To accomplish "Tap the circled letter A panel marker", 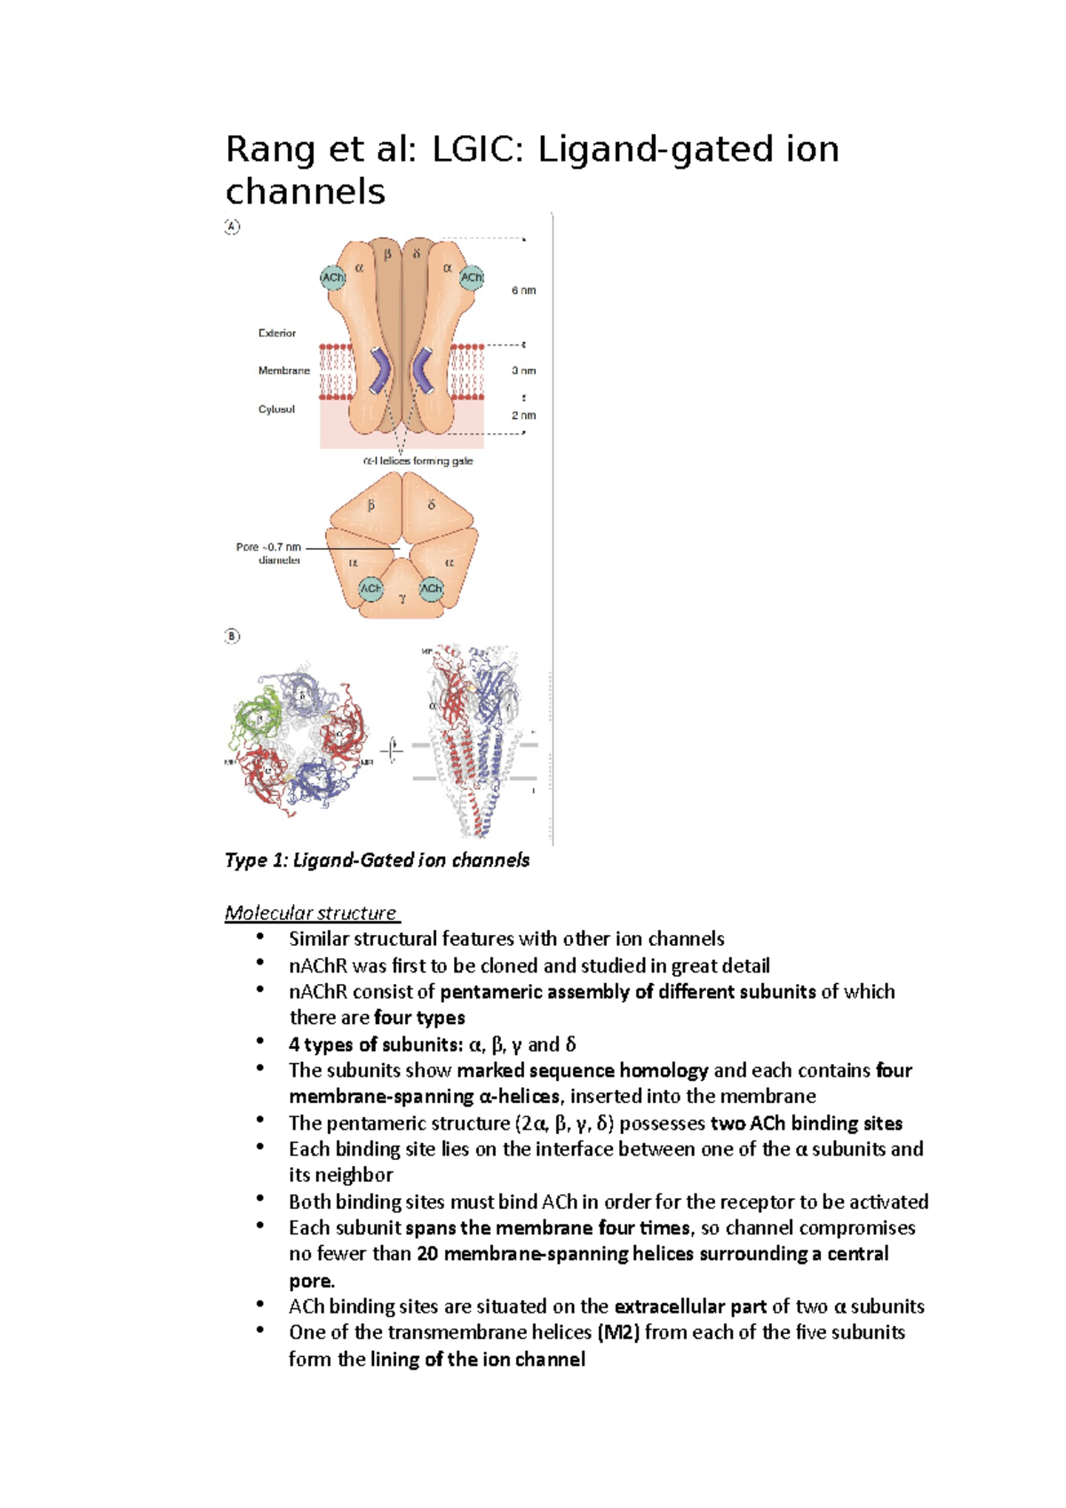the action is pyautogui.click(x=232, y=226).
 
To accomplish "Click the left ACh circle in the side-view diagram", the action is pyautogui.click(x=333, y=278).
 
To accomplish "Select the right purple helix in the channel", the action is pyautogui.click(x=423, y=369).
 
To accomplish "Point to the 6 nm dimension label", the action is pyautogui.click(x=523, y=290).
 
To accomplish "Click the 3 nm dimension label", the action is pyautogui.click(x=523, y=370).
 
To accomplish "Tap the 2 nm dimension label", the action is pyautogui.click(x=523, y=415).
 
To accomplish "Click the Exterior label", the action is pyautogui.click(x=277, y=333).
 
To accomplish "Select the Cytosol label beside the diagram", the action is pyautogui.click(x=276, y=409).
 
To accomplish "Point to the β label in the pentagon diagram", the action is pyautogui.click(x=371, y=504).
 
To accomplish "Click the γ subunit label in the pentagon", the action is pyautogui.click(x=402, y=599).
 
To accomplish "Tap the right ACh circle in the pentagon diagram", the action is pyautogui.click(x=432, y=588).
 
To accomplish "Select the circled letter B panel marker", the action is pyautogui.click(x=232, y=636).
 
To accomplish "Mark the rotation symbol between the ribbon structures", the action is pyautogui.click(x=392, y=750).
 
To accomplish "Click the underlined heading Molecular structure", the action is pyautogui.click(x=311, y=913).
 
